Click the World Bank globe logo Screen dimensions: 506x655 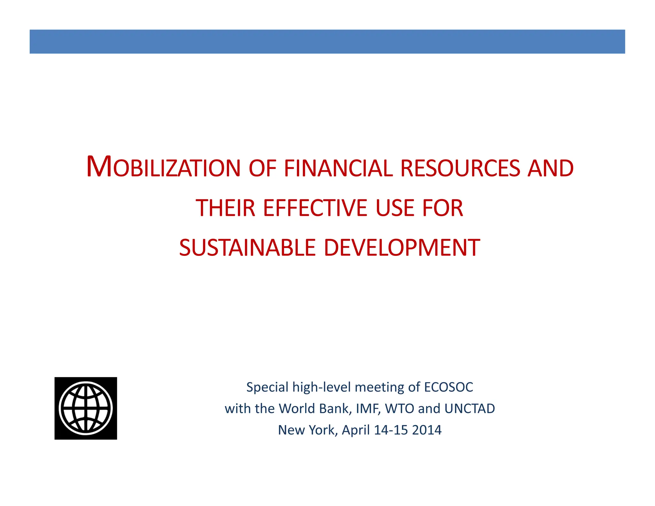coord(86,408)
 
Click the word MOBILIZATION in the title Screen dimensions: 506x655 coord(163,167)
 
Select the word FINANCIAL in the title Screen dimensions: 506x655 coord(338,168)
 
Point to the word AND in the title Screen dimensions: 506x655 coord(550,168)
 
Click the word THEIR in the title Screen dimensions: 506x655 coord(225,208)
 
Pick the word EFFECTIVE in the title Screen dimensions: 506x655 coord(315,208)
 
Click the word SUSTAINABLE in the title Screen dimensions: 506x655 coord(248,248)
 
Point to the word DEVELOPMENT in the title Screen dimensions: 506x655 coord(402,248)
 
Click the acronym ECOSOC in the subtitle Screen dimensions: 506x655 coord(448,387)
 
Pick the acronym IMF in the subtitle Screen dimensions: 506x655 coord(368,408)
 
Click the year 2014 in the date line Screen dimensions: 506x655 coord(427,430)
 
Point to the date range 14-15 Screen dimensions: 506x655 coord(391,430)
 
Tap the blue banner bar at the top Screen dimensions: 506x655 coord(327,42)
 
